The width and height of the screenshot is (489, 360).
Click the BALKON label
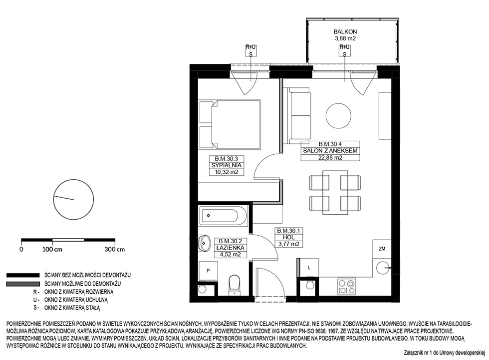pos(345,31)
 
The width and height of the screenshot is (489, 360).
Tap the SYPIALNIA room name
pos(227,165)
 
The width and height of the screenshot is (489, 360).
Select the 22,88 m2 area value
pos(330,158)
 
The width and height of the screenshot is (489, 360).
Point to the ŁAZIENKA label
pos(231,248)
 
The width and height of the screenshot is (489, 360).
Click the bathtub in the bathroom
pos(220,215)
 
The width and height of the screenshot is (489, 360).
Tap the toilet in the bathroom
pos(234,285)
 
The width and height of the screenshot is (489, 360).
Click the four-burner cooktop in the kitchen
pos(347,287)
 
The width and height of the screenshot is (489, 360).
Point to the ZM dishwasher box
pos(382,249)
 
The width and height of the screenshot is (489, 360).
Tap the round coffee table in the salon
pos(338,115)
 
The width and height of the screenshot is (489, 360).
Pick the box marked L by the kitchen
pos(309,268)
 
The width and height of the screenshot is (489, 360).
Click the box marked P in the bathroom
pos(208,271)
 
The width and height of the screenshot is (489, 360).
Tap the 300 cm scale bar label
pos(114,250)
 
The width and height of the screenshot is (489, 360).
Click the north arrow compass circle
pos(74,199)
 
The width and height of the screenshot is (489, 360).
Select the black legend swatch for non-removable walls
pos(23,275)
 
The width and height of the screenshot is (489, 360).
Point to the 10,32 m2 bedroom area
pos(227,172)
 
